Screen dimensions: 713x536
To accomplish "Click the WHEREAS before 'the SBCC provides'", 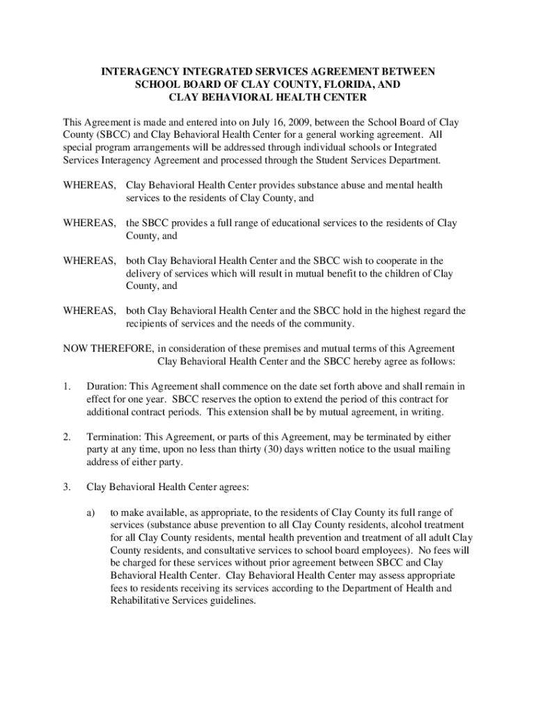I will pyautogui.click(x=90, y=224).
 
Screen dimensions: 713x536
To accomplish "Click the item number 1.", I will pyautogui.click(x=66, y=386).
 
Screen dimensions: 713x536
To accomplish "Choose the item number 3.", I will pyautogui.click(x=66, y=487).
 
